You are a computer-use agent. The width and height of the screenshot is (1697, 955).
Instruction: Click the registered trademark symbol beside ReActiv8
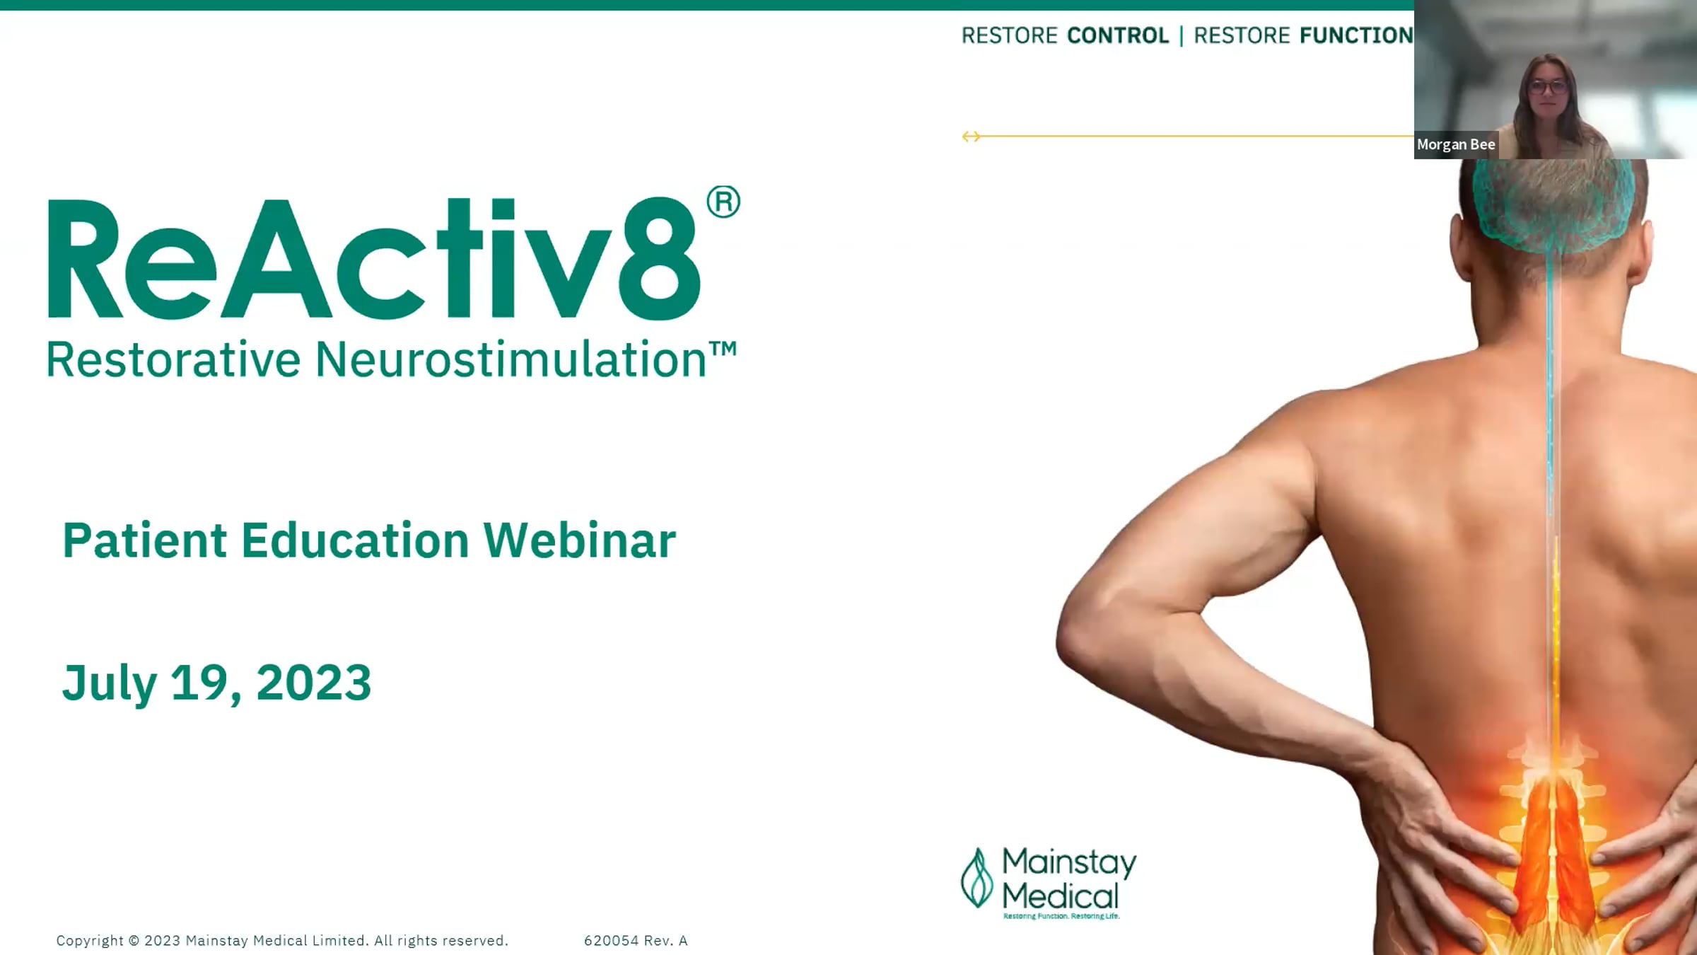(x=723, y=202)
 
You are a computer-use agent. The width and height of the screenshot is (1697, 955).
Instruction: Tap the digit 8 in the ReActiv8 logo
(x=660, y=258)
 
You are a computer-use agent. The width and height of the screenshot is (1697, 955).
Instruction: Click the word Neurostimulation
(x=511, y=359)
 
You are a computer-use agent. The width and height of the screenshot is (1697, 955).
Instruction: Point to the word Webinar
(x=580, y=540)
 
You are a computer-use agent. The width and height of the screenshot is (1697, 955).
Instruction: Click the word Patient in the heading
(x=145, y=540)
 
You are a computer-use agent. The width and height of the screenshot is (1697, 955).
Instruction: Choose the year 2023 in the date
(x=313, y=683)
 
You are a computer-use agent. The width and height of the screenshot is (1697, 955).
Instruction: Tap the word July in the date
(x=110, y=685)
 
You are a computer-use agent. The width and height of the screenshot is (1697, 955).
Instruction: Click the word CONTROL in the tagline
(x=1118, y=35)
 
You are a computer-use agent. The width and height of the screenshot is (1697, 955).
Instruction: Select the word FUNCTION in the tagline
(x=1356, y=35)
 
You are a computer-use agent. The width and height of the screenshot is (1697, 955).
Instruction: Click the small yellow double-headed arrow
(x=971, y=136)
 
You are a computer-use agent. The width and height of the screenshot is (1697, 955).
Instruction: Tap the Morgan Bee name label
(x=1456, y=144)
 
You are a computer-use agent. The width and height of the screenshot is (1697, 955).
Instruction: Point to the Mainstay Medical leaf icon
(x=977, y=878)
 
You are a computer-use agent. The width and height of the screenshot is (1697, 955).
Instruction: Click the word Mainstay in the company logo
(x=1069, y=863)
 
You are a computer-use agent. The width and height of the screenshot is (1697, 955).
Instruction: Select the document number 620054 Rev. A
(x=636, y=941)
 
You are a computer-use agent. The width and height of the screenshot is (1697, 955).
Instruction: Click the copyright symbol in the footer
(x=134, y=941)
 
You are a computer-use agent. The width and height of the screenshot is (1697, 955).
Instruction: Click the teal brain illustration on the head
(x=1553, y=205)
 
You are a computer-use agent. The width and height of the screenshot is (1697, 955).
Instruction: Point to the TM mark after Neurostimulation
(x=723, y=349)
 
